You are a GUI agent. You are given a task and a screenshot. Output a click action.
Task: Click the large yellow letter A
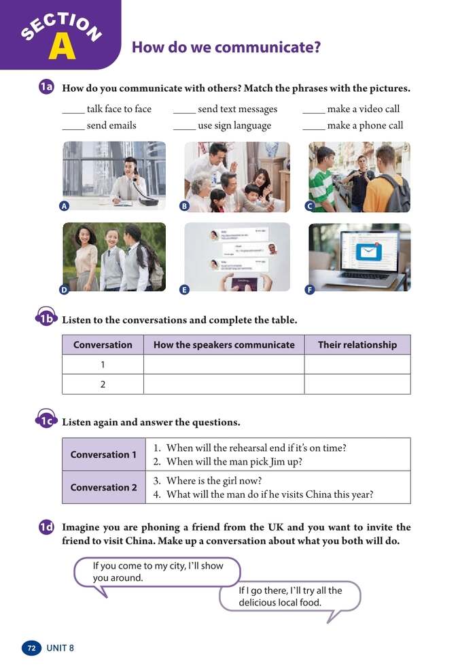click(61, 46)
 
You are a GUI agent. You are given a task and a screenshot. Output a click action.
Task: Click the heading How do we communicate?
click(226, 48)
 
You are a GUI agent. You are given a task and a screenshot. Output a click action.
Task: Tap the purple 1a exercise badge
click(46, 88)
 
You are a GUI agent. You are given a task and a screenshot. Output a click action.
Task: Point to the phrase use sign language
click(234, 126)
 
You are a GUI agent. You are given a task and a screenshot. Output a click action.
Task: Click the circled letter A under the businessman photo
click(64, 206)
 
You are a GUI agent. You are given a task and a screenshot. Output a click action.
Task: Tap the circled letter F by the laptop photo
click(310, 289)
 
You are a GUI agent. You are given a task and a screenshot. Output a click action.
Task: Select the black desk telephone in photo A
click(144, 196)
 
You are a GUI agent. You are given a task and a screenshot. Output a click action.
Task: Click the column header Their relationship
click(357, 345)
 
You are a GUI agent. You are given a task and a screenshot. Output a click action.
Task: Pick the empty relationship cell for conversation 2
click(357, 384)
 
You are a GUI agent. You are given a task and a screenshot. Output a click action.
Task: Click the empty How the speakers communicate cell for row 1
click(224, 365)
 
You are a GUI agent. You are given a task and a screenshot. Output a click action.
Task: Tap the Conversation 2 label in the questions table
click(103, 487)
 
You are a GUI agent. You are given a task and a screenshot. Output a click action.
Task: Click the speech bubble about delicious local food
click(289, 597)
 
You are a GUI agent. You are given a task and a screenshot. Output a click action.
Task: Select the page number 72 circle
click(31, 648)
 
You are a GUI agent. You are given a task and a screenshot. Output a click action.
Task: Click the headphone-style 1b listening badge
click(46, 319)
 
